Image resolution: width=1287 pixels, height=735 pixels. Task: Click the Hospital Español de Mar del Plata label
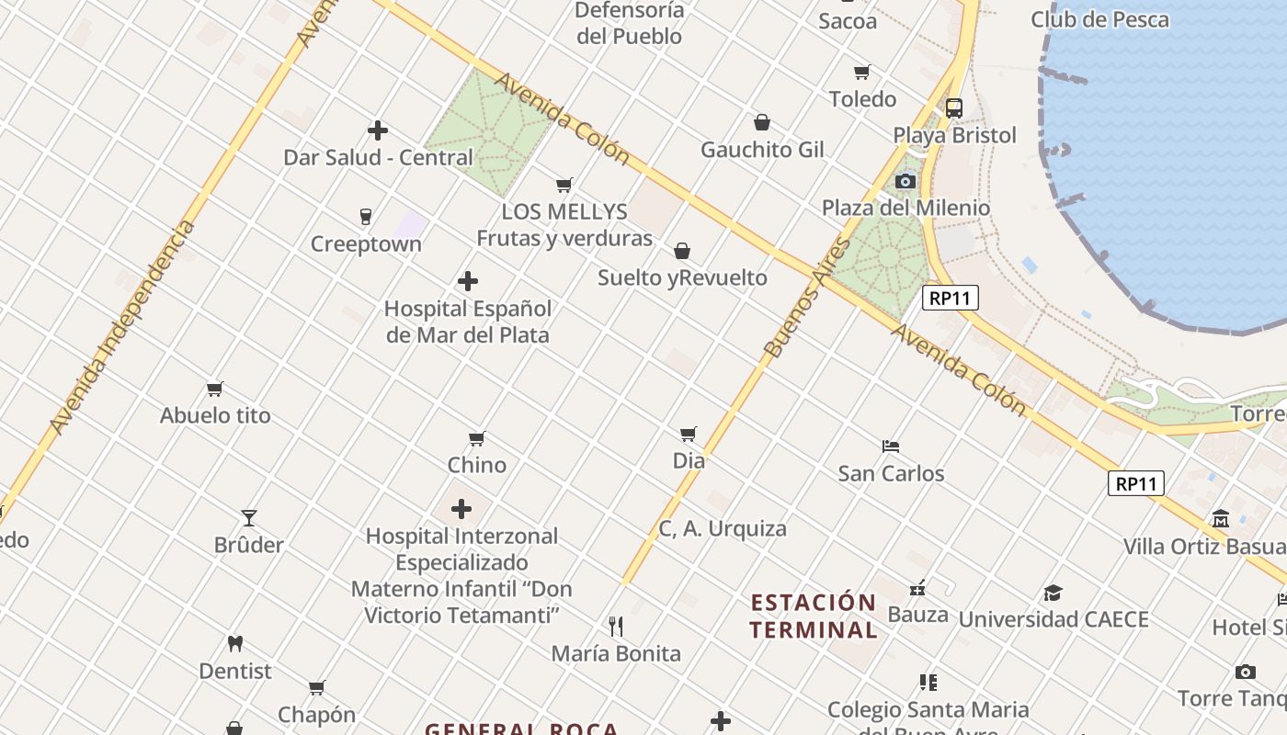(468, 322)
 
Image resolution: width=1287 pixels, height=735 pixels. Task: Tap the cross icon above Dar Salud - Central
(377, 130)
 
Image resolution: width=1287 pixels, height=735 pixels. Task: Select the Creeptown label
(366, 244)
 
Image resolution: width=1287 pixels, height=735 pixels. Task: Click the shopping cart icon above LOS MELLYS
(564, 186)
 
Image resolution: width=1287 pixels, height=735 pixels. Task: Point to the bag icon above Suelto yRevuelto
(682, 251)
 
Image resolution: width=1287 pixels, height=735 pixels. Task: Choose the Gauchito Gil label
(762, 150)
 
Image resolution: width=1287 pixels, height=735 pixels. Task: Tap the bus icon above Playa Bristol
(954, 108)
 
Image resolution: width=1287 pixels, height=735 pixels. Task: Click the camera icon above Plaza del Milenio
(905, 182)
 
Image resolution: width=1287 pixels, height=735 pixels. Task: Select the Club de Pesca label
(1099, 19)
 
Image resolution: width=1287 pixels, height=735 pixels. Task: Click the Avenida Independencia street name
(123, 326)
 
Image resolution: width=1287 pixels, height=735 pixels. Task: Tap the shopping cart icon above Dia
(689, 434)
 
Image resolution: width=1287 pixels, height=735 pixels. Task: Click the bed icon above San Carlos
(890, 447)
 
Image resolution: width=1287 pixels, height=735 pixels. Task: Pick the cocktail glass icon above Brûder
(249, 518)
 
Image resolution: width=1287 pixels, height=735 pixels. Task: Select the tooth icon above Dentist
(235, 644)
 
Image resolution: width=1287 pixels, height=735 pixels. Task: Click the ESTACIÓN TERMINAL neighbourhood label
(813, 616)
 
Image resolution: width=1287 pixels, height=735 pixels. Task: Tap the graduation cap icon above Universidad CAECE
(1053, 594)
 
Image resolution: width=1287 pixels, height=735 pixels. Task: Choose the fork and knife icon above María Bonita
(616, 627)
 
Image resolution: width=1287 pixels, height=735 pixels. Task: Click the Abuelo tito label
(215, 415)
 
